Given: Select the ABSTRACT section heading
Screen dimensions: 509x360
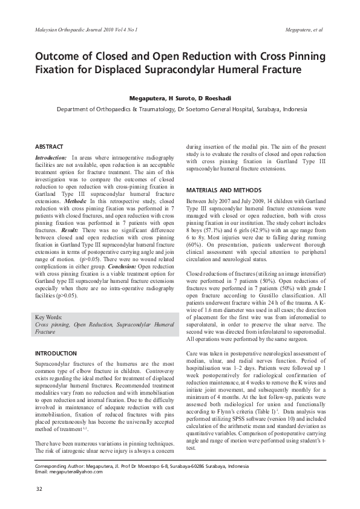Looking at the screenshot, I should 49,147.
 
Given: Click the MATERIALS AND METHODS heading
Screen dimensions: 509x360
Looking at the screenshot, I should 223,190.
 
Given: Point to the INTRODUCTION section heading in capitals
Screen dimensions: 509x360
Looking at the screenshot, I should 56,353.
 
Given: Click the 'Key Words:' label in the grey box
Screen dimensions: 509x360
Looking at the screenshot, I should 48,317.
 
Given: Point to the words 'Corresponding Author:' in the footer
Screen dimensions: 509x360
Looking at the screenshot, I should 59,466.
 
